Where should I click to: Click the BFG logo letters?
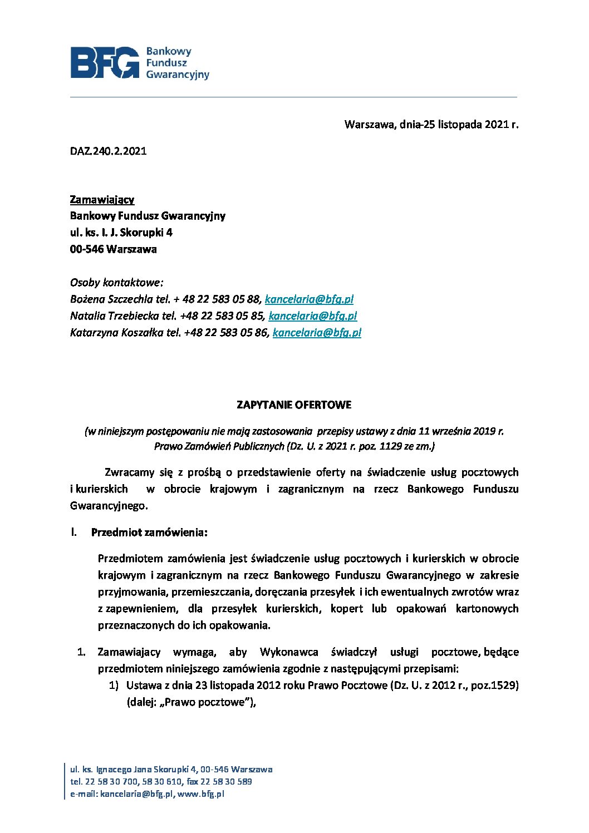[105, 62]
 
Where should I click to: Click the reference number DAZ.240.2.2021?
[108, 151]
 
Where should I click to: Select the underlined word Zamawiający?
[102, 199]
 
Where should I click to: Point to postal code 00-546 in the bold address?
[87, 249]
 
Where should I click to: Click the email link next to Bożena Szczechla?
[309, 299]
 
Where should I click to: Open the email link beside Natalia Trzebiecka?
[312, 316]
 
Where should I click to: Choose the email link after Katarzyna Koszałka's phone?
[317, 333]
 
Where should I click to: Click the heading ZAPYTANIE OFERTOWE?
[294, 405]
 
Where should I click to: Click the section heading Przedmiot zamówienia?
[149, 533]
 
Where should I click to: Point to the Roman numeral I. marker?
[73, 533]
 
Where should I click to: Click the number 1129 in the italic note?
[387, 446]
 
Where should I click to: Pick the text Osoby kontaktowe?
[116, 283]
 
